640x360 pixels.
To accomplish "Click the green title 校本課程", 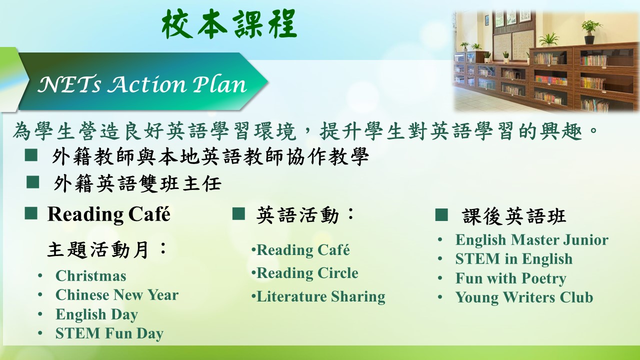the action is point(229,24).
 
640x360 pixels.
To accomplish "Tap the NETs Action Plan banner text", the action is point(142,84).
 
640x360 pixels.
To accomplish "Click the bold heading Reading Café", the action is point(109,214).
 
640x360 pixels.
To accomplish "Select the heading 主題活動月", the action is point(106,249).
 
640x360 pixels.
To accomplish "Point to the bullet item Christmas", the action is point(91,276).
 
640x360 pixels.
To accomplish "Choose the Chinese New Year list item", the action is point(117,295).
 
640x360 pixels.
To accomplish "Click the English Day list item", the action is point(96,314).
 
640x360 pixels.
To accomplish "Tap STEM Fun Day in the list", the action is point(109,333).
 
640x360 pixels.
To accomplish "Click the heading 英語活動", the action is point(305,215).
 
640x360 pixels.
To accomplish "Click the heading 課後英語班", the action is point(513,216).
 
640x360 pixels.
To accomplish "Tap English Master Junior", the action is point(531,239).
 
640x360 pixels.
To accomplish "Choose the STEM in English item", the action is point(514,259).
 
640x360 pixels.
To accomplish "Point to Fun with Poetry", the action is point(511,278).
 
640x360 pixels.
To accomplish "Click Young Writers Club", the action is point(524,297).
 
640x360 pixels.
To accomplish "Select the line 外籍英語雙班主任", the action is point(137,183).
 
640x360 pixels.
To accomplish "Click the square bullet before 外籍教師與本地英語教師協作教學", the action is point(31,155).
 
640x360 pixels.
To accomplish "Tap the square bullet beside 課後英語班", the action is point(441,215).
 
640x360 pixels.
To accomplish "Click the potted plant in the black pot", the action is point(589,32).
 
